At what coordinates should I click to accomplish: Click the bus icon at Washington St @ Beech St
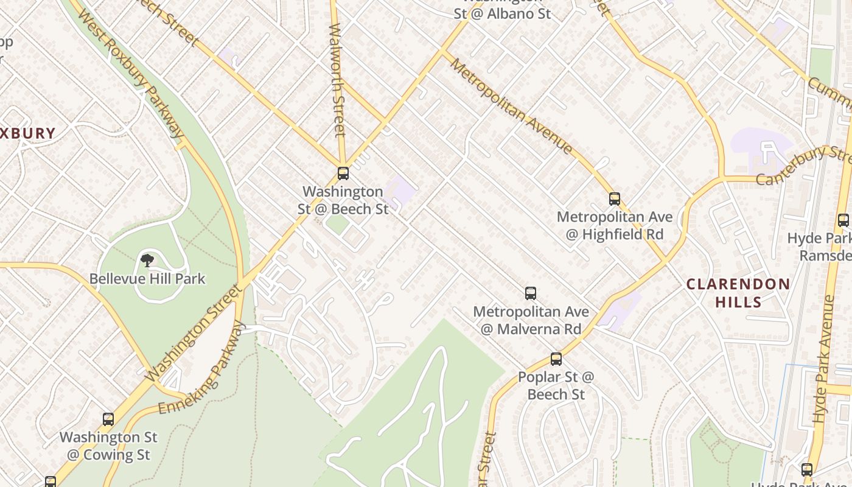[x=343, y=173]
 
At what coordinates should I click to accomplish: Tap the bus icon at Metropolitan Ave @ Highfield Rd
[x=615, y=199]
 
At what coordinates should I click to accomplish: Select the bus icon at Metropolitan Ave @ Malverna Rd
[x=531, y=293]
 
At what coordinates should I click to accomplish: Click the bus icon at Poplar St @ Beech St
[x=556, y=359]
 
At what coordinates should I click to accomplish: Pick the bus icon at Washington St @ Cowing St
[x=108, y=419]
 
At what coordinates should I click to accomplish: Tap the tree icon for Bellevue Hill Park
[x=147, y=261]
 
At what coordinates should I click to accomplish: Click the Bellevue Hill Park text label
[x=147, y=279]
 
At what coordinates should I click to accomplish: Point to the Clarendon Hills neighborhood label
[x=738, y=293]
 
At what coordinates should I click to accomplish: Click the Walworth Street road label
[x=338, y=79]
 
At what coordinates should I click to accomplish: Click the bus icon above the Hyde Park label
[x=843, y=220]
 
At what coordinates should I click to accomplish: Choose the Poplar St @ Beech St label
[x=556, y=386]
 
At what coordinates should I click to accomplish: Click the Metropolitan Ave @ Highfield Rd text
[x=615, y=225]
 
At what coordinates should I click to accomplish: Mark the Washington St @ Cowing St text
[x=108, y=446]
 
